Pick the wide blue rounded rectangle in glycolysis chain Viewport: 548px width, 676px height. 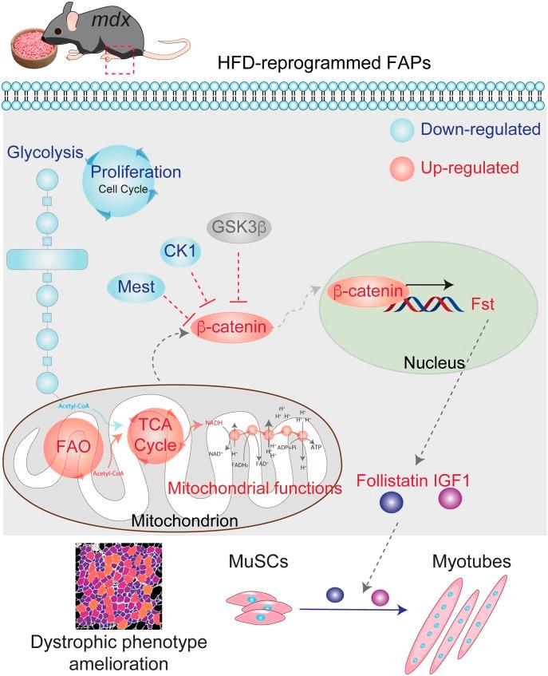(x=46, y=259)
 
